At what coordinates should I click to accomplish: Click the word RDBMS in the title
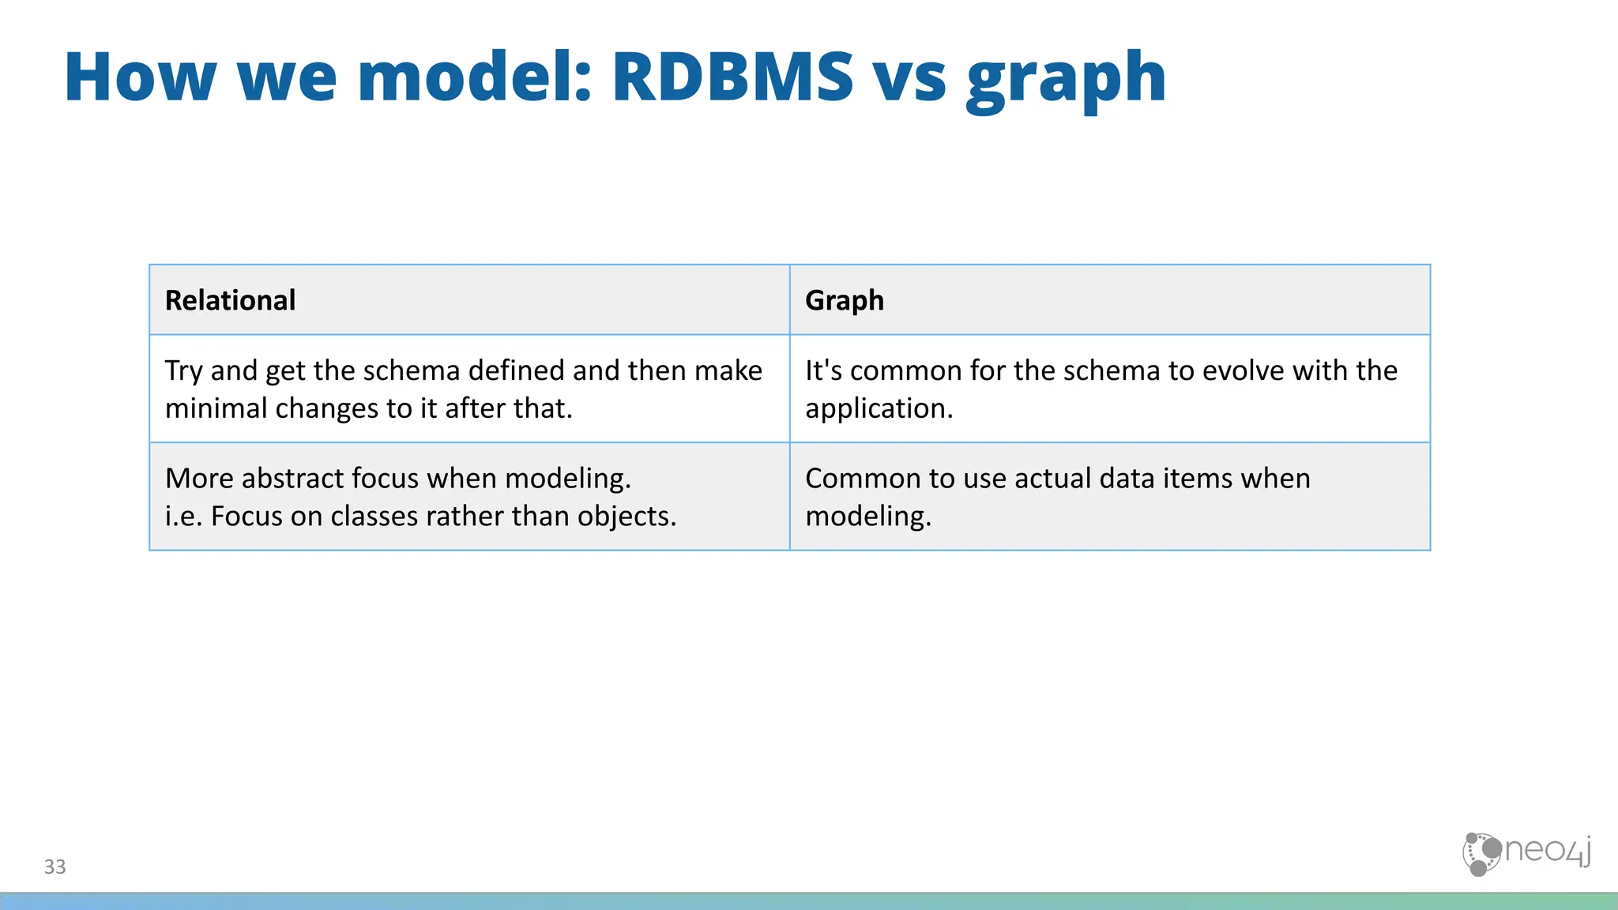tap(732, 77)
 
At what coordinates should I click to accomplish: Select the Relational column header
tap(230, 300)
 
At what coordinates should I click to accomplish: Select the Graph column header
tap(844, 301)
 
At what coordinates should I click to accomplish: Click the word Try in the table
tap(183, 371)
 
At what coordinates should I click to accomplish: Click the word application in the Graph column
tap(879, 409)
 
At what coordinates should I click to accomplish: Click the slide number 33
tap(55, 867)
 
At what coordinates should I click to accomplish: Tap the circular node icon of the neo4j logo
tap(1481, 854)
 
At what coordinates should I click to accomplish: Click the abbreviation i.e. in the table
tap(183, 517)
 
